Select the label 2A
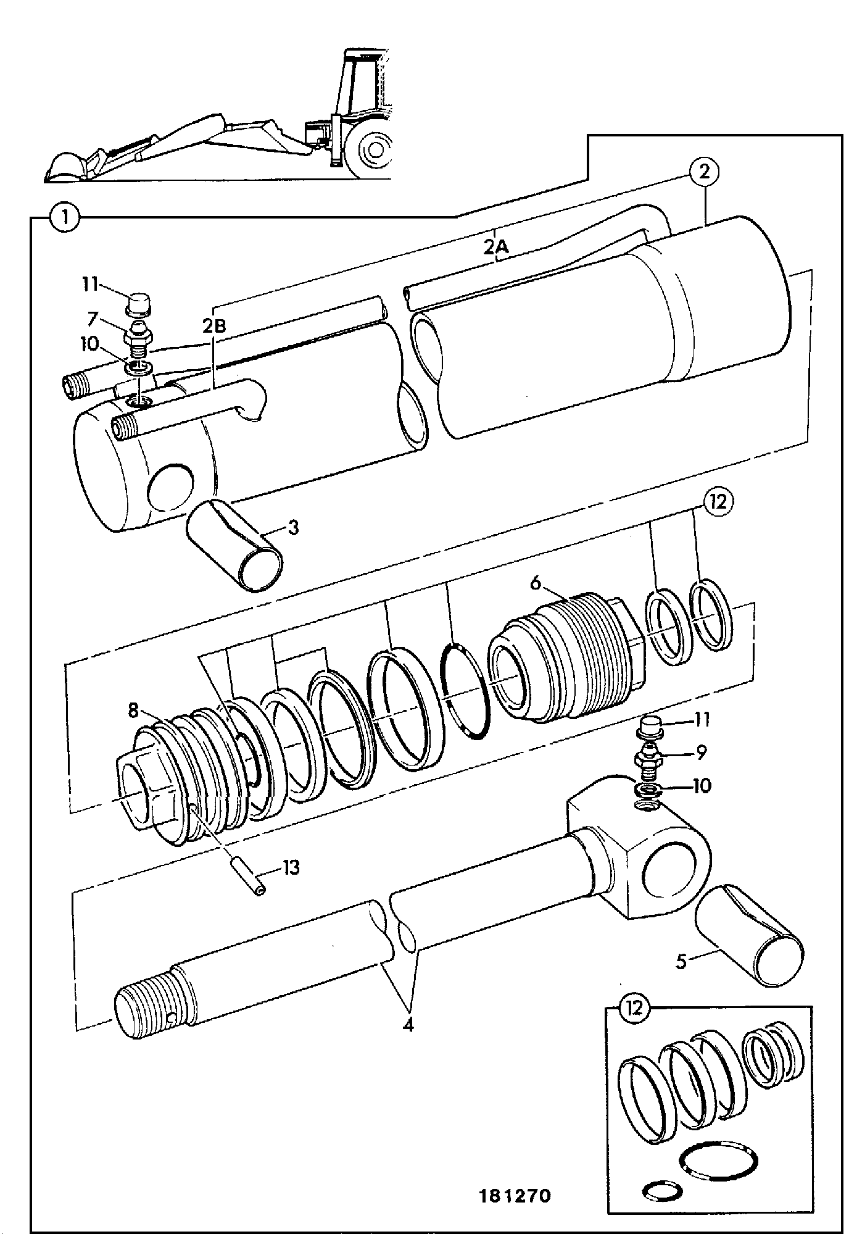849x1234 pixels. tap(496, 248)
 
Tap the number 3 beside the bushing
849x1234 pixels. tap(293, 528)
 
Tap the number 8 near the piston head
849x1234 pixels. tap(134, 711)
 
